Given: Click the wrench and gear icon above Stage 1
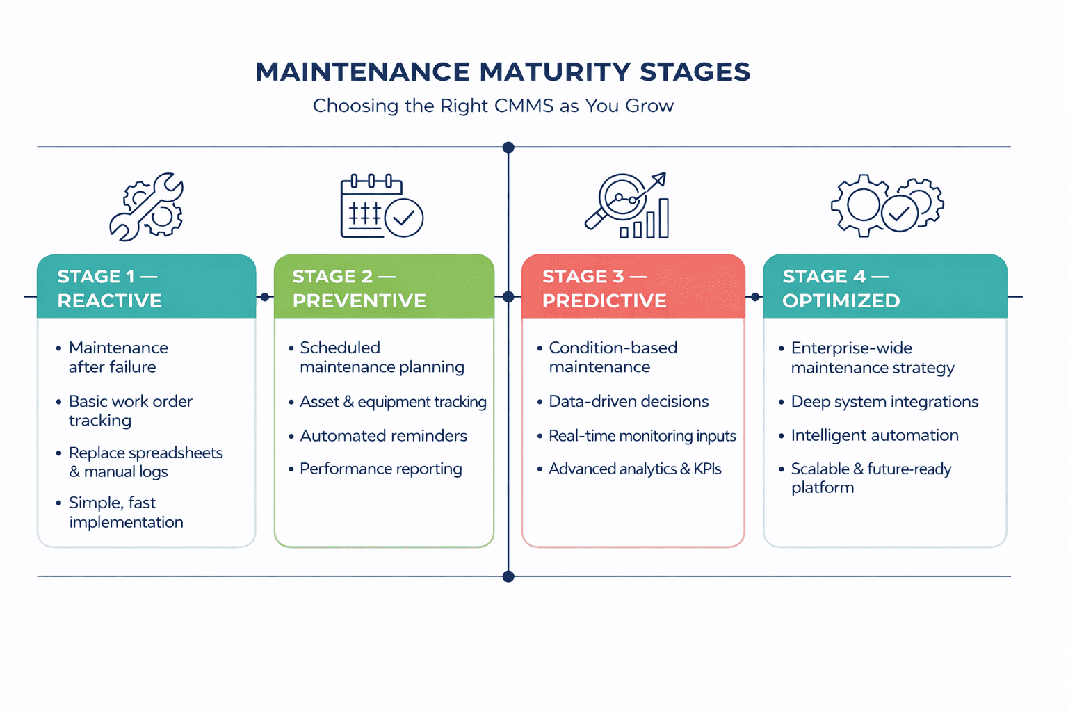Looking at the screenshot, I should (147, 207).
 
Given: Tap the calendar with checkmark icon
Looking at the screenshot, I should (382, 206).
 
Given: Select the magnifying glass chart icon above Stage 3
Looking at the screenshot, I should (626, 206).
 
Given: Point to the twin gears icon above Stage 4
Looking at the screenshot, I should (887, 205).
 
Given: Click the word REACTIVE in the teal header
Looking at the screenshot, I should (110, 300).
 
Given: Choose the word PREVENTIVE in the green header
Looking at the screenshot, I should (359, 300).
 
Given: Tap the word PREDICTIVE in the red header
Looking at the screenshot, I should (604, 300).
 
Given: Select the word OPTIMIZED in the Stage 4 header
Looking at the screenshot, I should (841, 300).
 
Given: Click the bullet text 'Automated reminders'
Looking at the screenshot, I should (383, 436).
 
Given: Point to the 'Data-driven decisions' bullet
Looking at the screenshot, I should (629, 401).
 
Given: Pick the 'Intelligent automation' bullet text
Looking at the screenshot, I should (875, 435).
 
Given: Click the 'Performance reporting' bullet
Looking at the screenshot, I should (380, 469).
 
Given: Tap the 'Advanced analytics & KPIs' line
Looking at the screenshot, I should (635, 469).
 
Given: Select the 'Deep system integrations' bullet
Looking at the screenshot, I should (884, 401).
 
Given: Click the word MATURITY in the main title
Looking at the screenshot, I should (555, 72).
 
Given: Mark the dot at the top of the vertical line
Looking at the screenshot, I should (508, 147).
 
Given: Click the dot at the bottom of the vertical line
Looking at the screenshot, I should (508, 576).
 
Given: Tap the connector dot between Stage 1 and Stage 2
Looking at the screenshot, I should (265, 297).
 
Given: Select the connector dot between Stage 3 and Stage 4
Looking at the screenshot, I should (755, 297).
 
